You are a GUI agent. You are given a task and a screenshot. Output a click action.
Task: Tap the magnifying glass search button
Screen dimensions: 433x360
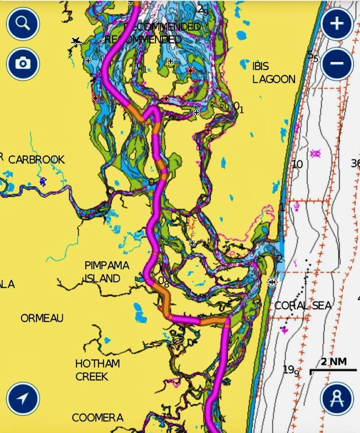[23, 24]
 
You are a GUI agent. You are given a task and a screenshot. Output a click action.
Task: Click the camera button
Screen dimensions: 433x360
[23, 64]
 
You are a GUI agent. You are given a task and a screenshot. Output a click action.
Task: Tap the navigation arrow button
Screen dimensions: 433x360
[23, 398]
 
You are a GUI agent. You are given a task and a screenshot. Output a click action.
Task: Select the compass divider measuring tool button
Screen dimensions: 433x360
[337, 398]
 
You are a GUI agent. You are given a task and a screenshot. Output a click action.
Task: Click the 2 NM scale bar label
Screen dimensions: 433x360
[333, 362]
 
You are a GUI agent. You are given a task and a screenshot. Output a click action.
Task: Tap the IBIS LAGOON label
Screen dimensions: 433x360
[273, 73]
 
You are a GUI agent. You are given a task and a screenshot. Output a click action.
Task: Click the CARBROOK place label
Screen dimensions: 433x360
[37, 160]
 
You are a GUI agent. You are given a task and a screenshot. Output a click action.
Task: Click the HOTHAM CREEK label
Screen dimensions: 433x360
[97, 370]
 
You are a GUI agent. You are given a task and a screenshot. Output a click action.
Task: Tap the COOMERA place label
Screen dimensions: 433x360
[98, 418]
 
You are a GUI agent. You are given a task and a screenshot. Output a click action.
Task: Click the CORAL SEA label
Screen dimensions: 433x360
[303, 306]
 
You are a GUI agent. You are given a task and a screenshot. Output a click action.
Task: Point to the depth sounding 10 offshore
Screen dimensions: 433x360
[297, 164]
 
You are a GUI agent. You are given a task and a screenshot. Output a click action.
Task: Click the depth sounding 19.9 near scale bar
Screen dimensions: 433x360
[291, 370]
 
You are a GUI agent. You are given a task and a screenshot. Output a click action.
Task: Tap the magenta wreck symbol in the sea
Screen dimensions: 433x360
[315, 153]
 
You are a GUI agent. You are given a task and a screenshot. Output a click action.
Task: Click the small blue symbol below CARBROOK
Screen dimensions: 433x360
[43, 181]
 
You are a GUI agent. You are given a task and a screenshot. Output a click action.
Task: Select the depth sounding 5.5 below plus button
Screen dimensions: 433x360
[313, 56]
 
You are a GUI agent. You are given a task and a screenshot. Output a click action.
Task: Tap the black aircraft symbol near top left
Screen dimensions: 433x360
[76, 41]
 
